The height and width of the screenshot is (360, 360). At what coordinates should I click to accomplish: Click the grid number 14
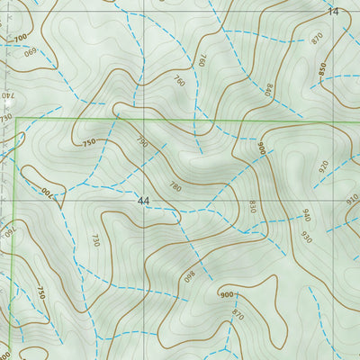334,12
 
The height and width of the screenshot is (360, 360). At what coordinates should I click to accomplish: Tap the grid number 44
144,200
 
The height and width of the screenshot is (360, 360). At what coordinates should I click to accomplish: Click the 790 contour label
141,142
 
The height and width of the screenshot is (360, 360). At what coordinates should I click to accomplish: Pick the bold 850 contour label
321,68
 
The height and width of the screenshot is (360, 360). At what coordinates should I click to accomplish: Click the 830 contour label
253,206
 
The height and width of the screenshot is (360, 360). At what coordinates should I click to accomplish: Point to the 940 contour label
305,215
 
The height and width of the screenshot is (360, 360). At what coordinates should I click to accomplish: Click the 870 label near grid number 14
316,39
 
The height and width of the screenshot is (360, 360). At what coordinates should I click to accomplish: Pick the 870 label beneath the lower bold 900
238,314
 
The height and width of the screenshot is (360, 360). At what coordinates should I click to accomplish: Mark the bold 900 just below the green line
261,148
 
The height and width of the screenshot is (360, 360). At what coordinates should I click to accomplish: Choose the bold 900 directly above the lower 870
226,294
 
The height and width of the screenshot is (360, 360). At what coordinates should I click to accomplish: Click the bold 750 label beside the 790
88,142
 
